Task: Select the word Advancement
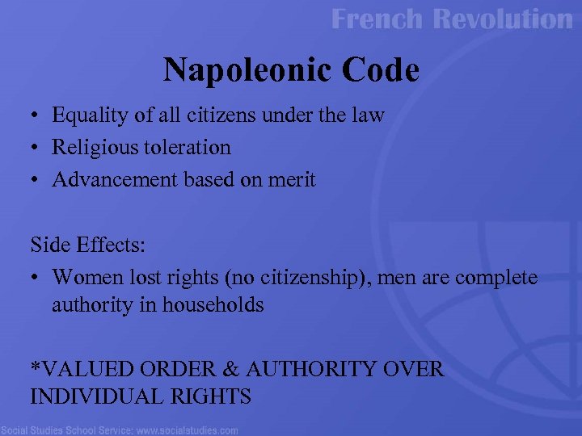click(x=116, y=180)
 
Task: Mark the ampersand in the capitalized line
click(x=231, y=370)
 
